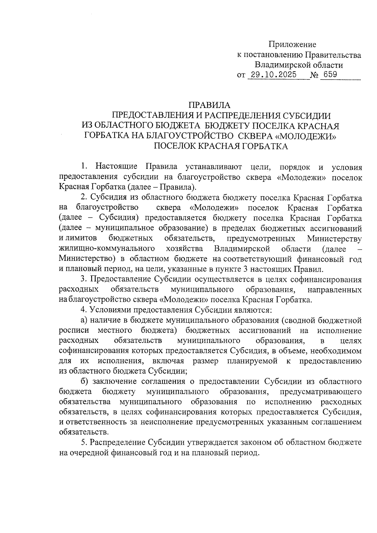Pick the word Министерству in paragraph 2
[334, 238]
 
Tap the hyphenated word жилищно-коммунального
[107, 249]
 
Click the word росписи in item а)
[74, 331]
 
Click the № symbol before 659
[314, 75]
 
